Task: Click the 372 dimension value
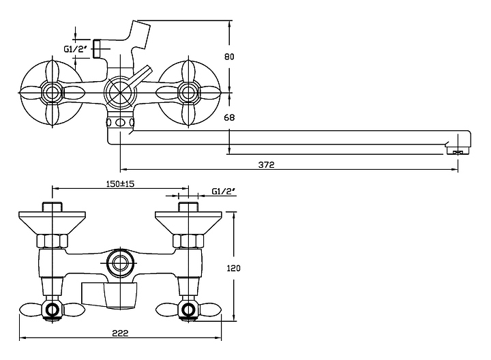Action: click(266, 165)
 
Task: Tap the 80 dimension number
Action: click(229, 57)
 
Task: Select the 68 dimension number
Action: click(229, 117)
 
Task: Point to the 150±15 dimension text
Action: click(120, 184)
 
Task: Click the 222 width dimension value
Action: click(120, 333)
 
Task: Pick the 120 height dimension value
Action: click(234, 268)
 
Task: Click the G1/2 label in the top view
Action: click(75, 49)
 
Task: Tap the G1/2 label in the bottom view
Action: click(223, 192)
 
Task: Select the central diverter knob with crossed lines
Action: click(121, 93)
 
